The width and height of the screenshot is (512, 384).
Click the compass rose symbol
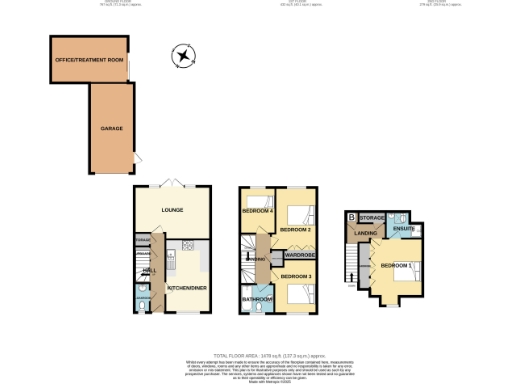182,56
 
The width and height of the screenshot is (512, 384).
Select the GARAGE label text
112,129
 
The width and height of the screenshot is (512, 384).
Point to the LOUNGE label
173,211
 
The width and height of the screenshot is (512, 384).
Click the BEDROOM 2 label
295,230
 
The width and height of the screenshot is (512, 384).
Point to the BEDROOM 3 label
295,275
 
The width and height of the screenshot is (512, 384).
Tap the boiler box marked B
351,217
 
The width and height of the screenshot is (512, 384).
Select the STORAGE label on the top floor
372,217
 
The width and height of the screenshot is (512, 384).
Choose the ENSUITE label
404,229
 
